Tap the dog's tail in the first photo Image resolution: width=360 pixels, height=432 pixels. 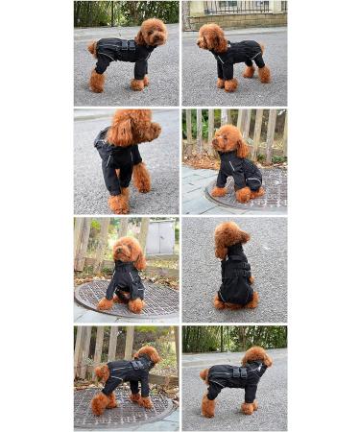(x=92, y=46)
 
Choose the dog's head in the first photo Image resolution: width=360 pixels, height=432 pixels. (x=152, y=34)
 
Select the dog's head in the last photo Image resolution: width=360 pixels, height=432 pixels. (x=256, y=358)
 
